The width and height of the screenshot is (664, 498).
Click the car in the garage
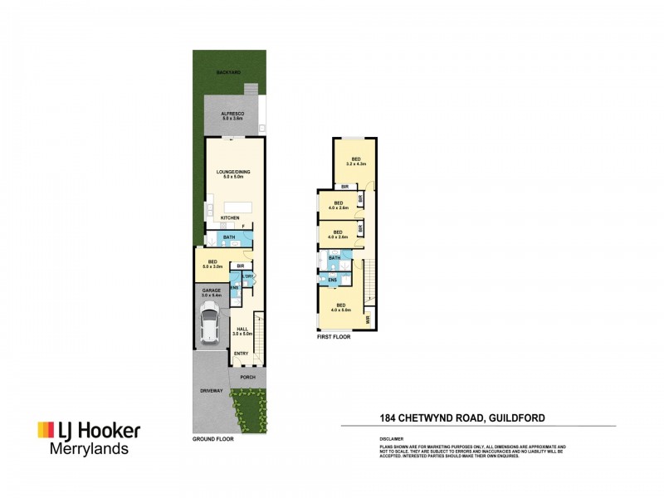tap(209, 324)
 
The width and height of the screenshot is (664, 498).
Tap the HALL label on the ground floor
tap(242, 330)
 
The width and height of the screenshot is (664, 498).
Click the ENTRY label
tap(241, 354)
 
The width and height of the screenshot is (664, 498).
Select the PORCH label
tap(247, 378)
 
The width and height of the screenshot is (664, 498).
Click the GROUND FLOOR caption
tap(213, 438)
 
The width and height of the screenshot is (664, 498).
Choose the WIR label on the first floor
tap(368, 317)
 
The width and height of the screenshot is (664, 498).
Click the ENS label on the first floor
tap(333, 281)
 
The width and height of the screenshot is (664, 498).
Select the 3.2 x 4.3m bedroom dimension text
tap(356, 164)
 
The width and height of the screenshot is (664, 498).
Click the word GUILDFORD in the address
tap(518, 417)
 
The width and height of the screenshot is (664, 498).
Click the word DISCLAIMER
tap(392, 437)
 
